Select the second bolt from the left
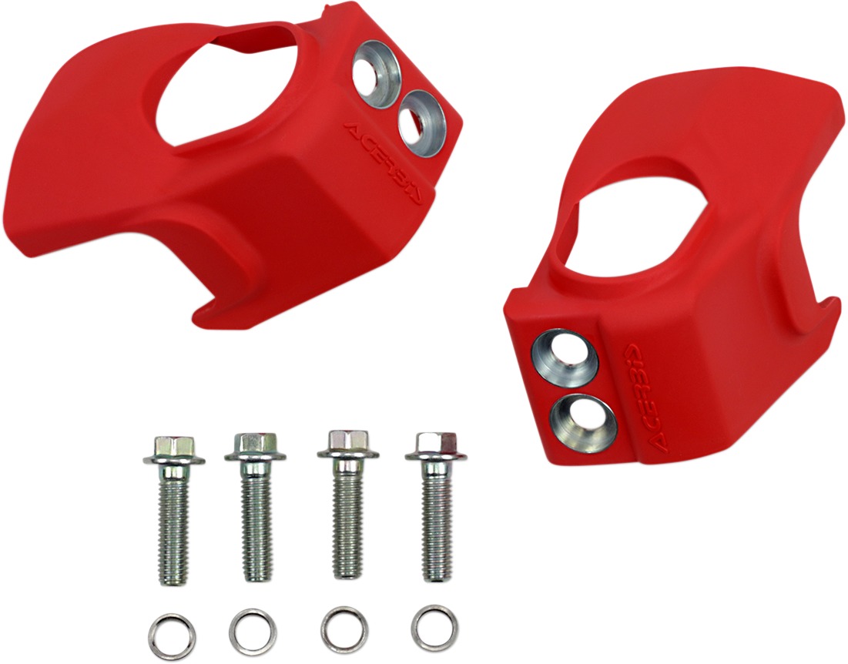pyautogui.click(x=253, y=508)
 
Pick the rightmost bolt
pyautogui.click(x=436, y=506)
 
